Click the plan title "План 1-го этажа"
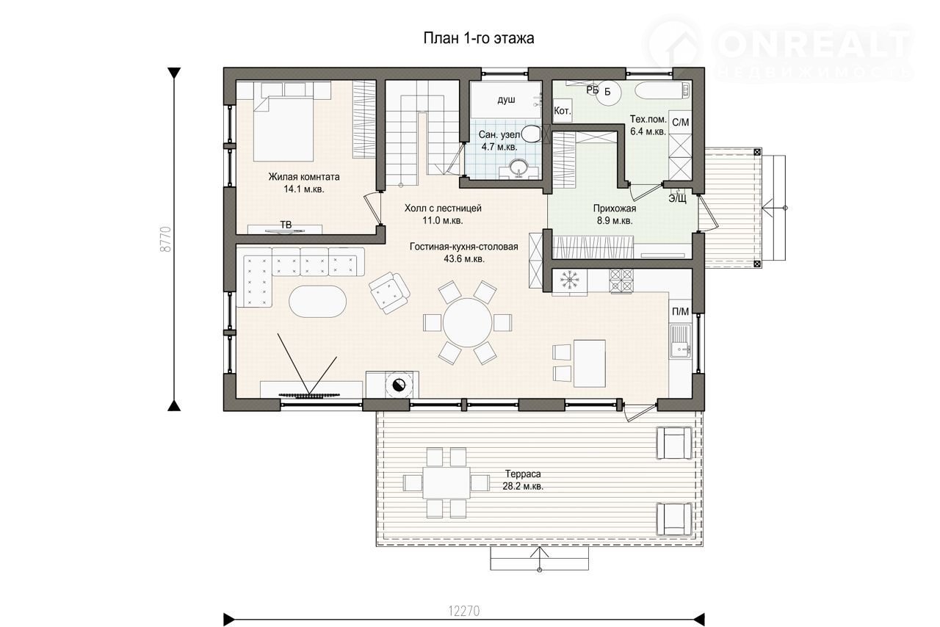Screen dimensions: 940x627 tap(478, 38)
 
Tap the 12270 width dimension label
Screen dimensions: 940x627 tap(463, 611)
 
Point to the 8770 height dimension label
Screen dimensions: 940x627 tap(166, 239)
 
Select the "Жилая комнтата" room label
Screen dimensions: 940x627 tap(304, 177)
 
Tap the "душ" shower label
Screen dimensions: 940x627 tap(506, 100)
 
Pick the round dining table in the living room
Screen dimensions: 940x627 tap(467, 323)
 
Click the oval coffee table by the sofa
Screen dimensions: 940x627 tap(318, 302)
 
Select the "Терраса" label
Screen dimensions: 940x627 tap(523, 474)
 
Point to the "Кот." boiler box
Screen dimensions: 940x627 tap(562, 111)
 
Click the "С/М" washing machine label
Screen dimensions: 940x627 tap(680, 122)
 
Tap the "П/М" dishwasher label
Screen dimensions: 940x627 tap(680, 311)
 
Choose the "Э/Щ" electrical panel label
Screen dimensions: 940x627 tap(677, 198)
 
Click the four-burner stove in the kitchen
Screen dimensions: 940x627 tap(621, 280)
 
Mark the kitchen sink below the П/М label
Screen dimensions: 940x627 tap(680, 341)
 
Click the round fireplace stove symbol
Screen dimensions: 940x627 tap(397, 385)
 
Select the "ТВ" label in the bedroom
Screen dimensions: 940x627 tap(286, 225)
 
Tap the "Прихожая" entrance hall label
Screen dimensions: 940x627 tap(615, 209)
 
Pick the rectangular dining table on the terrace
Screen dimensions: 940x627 tap(446, 482)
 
